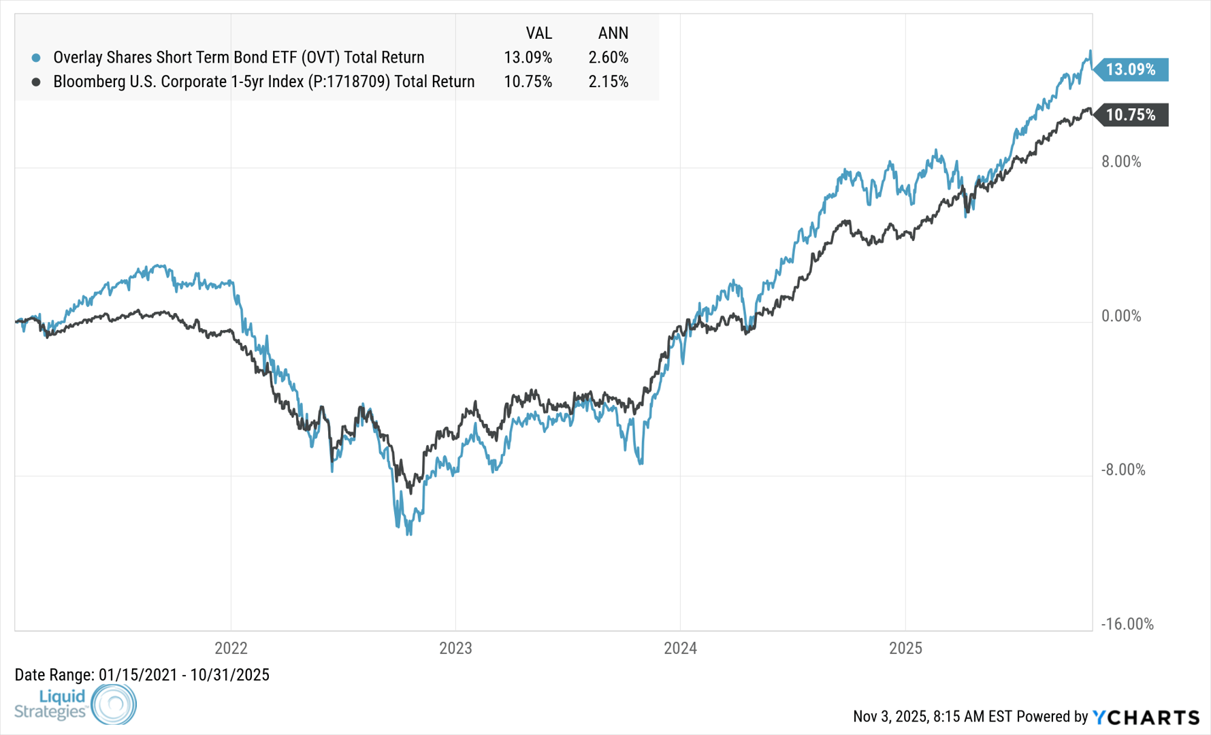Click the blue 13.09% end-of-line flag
coord(1132,69)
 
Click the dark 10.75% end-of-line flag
coord(1132,115)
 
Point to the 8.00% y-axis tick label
coord(1121,162)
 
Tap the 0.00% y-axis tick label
coord(1121,316)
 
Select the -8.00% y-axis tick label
coord(1123,470)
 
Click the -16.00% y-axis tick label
coord(1127,624)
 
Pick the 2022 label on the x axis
coord(231,648)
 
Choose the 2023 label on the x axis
coord(455,648)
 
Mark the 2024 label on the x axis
coord(680,648)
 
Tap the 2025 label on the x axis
coord(905,648)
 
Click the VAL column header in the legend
coord(538,33)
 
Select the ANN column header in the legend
coord(613,33)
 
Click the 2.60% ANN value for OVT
coord(608,57)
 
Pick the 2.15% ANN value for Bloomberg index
coord(608,82)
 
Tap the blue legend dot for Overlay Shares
coord(36,58)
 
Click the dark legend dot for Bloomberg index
coord(36,82)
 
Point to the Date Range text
coord(142,675)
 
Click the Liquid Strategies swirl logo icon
coord(114,704)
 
